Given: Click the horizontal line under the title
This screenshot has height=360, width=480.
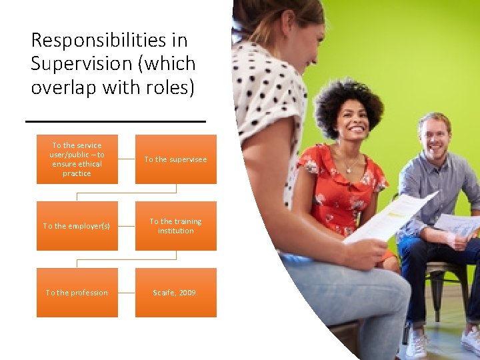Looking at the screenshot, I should tap(115, 121).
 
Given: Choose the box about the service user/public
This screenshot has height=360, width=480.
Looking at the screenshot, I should tap(77, 159).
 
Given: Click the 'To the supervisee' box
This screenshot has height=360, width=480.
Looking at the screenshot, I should tap(175, 159).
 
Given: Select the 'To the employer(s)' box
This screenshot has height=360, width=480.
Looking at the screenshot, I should tap(77, 226).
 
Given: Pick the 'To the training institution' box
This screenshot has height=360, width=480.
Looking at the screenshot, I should tap(175, 226).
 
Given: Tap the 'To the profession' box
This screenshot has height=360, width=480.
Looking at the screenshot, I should tap(77, 293).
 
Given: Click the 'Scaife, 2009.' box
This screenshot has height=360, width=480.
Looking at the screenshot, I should tap(175, 293).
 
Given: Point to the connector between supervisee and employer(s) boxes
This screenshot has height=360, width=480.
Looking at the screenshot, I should tap(127, 193).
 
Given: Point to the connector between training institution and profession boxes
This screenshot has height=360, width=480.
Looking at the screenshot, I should tap(127, 259).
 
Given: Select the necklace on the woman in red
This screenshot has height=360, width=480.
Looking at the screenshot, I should tap(347, 165).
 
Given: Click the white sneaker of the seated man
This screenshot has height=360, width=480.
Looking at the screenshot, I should tap(417, 343).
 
